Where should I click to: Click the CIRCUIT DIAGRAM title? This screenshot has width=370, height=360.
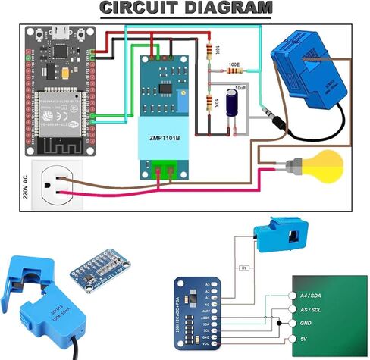point(186,8)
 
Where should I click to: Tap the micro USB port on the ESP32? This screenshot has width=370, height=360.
point(58,33)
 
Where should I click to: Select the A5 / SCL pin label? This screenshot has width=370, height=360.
point(313,309)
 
